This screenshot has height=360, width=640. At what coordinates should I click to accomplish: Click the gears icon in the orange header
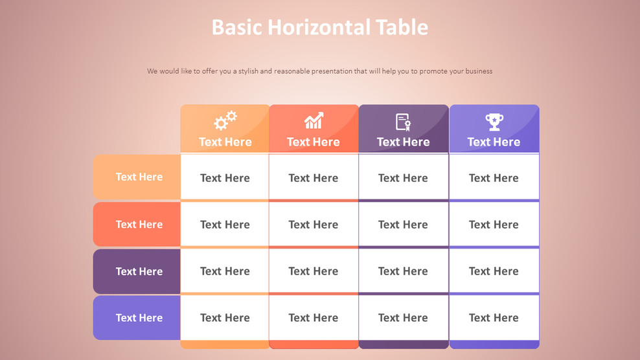(x=225, y=120)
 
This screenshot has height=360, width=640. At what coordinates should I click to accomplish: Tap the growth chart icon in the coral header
(x=314, y=120)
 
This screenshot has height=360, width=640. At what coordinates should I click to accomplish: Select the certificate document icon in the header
(x=403, y=122)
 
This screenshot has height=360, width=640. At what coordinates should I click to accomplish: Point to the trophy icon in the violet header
(x=494, y=121)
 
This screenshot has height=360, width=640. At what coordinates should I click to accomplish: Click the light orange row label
(x=137, y=177)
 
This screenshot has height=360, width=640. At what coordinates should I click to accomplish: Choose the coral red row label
(x=137, y=225)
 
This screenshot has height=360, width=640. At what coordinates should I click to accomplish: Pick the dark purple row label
(x=137, y=271)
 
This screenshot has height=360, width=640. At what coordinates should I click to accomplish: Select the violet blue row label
(x=137, y=318)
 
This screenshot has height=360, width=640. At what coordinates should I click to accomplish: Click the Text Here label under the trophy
(x=494, y=142)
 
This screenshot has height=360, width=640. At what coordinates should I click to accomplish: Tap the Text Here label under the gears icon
(x=225, y=142)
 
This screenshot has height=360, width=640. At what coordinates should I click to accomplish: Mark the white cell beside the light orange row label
(x=225, y=177)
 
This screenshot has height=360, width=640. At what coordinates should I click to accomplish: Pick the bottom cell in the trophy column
(x=494, y=318)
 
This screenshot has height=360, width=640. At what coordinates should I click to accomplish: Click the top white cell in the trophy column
(x=494, y=177)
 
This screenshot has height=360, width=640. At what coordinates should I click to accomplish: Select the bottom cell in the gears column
(x=225, y=318)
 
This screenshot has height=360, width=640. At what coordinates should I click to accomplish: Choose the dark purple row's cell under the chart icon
(x=314, y=271)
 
